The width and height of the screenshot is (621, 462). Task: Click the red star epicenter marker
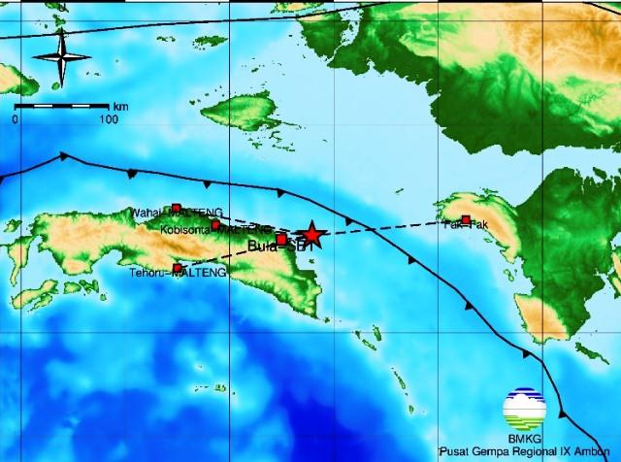pyautogui.click(x=311, y=234)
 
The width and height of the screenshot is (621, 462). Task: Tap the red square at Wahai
pyautogui.click(x=176, y=208)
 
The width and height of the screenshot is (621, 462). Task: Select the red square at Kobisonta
pyautogui.click(x=215, y=225)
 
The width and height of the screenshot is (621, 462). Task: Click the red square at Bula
pyautogui.click(x=281, y=239)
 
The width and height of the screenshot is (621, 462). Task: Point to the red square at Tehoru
pyautogui.click(x=177, y=268)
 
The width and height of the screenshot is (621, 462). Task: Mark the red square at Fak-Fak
pyautogui.click(x=466, y=220)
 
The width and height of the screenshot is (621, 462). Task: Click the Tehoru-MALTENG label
pyautogui.click(x=177, y=274)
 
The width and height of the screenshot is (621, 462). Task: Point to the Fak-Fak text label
pyautogui.click(x=462, y=225)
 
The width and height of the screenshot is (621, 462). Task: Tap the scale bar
pyautogui.click(x=62, y=105)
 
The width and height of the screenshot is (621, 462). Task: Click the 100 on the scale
pyautogui.click(x=108, y=119)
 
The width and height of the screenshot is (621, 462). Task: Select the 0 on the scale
pyautogui.click(x=16, y=119)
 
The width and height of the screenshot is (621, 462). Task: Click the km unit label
pyautogui.click(x=119, y=106)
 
